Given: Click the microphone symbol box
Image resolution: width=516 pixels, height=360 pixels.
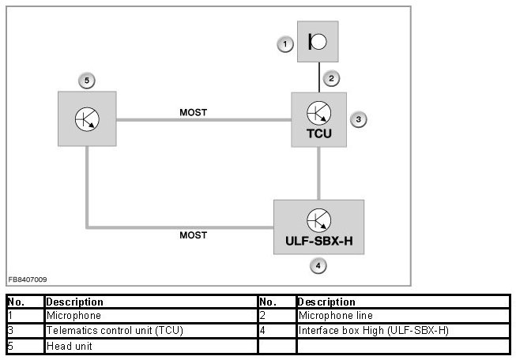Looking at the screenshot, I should (318, 42).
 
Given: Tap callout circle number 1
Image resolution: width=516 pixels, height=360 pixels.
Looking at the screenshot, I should (285, 45).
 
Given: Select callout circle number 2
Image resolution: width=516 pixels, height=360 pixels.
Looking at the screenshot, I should (333, 78).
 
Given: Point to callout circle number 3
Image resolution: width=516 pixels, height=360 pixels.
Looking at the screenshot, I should (358, 119).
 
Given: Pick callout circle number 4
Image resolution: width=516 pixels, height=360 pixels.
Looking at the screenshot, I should (318, 266).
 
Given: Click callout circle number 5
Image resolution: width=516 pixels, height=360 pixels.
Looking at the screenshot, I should (87, 80).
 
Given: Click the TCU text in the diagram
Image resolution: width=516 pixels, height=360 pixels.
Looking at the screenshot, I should (318, 133).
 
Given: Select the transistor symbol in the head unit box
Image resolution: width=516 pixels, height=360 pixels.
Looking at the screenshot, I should (87, 119).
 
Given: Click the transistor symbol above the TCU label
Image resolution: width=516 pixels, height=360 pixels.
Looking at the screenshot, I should (318, 113).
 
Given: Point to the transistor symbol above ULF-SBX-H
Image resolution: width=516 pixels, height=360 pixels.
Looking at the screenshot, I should (318, 219).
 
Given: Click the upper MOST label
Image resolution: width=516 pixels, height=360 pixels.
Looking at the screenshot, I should (193, 113).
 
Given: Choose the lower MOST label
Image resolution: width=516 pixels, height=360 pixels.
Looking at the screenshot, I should (193, 235).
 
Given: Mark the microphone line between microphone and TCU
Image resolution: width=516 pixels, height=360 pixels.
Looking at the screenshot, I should (318, 77).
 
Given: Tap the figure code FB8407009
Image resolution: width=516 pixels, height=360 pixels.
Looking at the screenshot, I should (28, 279).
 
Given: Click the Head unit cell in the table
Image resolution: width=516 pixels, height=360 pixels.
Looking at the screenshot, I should (70, 346).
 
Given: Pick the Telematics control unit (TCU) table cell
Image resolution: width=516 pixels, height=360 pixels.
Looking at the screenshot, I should (115, 331).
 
